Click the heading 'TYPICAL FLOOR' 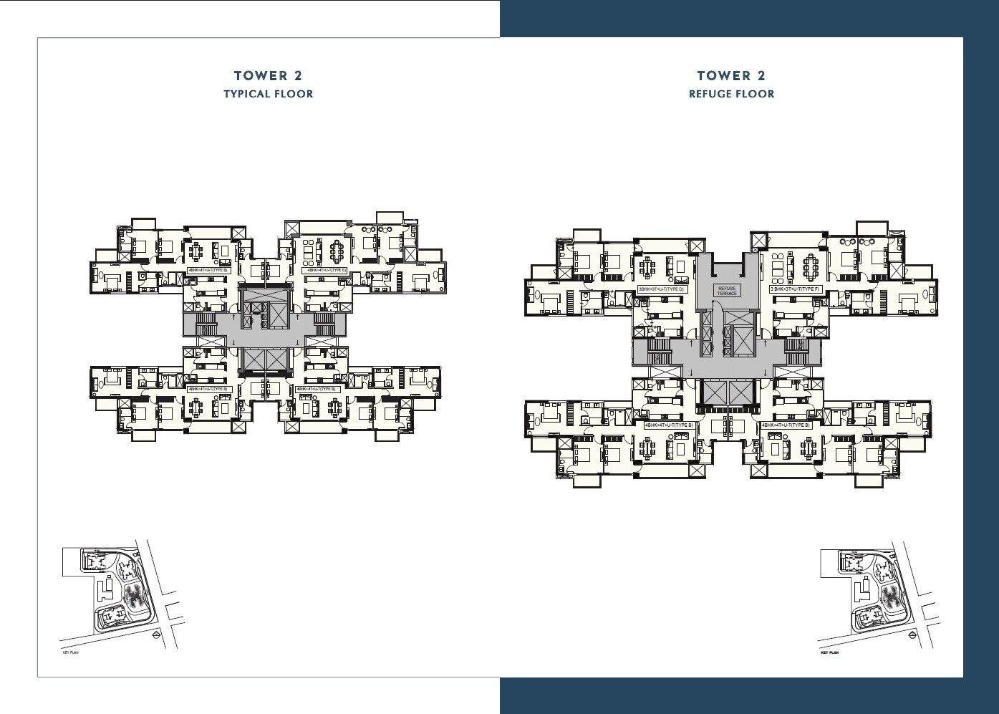[x=268, y=94]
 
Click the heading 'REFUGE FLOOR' [x=731, y=94]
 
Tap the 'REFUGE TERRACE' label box [x=727, y=291]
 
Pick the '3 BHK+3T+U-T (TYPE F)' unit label [x=793, y=289]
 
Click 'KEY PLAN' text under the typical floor [x=70, y=653]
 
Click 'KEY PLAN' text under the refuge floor [x=829, y=653]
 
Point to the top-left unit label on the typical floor [x=207, y=270]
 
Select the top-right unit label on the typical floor [x=327, y=270]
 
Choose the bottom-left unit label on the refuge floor [x=668, y=425]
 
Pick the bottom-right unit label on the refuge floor [x=786, y=425]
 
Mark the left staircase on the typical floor [x=206, y=322]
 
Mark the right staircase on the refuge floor [x=796, y=350]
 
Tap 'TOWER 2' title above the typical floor [x=268, y=76]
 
